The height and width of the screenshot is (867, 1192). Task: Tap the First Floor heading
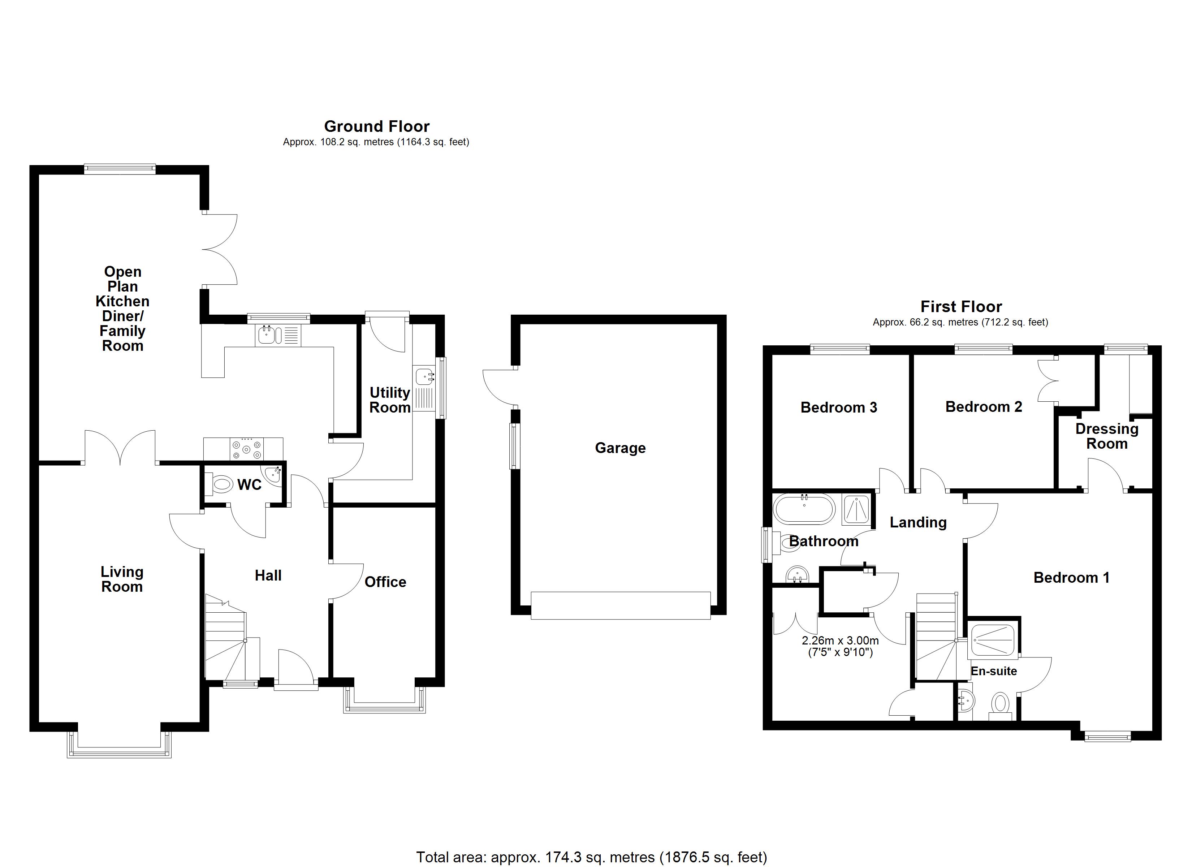click(961, 307)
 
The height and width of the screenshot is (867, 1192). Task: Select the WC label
click(249, 485)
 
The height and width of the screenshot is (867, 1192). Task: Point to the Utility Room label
click(389, 400)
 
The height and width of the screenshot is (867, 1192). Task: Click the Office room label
click(385, 582)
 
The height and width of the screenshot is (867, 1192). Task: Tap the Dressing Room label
click(1106, 436)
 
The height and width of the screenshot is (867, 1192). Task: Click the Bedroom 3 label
click(838, 407)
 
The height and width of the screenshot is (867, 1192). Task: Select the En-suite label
click(993, 672)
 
